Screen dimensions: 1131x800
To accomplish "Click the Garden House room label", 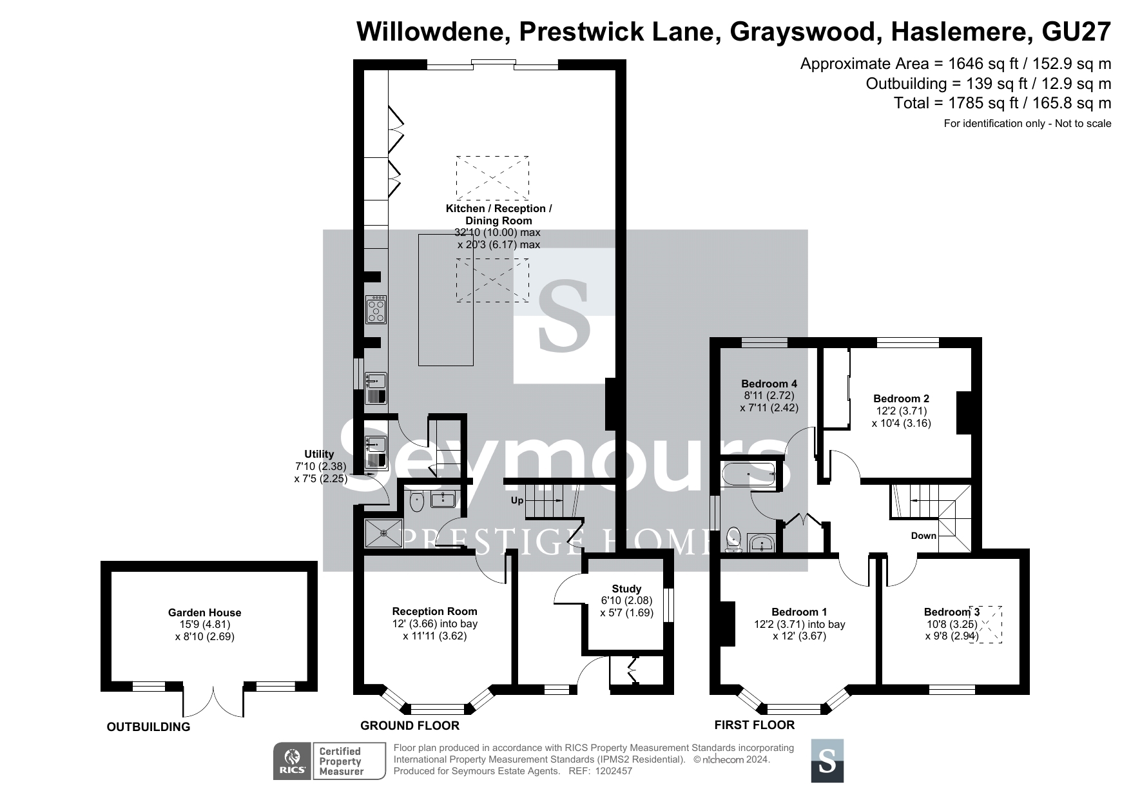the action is click(204, 612).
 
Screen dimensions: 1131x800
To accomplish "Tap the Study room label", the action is click(626, 589).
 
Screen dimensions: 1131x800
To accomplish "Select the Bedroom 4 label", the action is click(769, 384).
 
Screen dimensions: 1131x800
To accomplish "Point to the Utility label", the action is click(319, 454).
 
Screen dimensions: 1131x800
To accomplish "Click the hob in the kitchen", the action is click(376, 309).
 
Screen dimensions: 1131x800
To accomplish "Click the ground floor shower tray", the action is click(383, 533).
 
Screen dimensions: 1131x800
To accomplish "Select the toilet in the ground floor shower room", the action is click(416, 500).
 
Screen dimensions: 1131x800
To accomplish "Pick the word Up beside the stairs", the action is click(517, 500).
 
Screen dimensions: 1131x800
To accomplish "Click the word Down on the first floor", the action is click(923, 536).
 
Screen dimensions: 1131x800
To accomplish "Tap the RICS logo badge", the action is click(293, 761).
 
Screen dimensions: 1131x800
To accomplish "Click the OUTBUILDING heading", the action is click(148, 727).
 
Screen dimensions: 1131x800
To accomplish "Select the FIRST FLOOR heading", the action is click(755, 725).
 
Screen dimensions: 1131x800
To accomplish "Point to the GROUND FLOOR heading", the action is click(410, 726).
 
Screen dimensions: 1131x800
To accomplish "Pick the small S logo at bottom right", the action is click(827, 761).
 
